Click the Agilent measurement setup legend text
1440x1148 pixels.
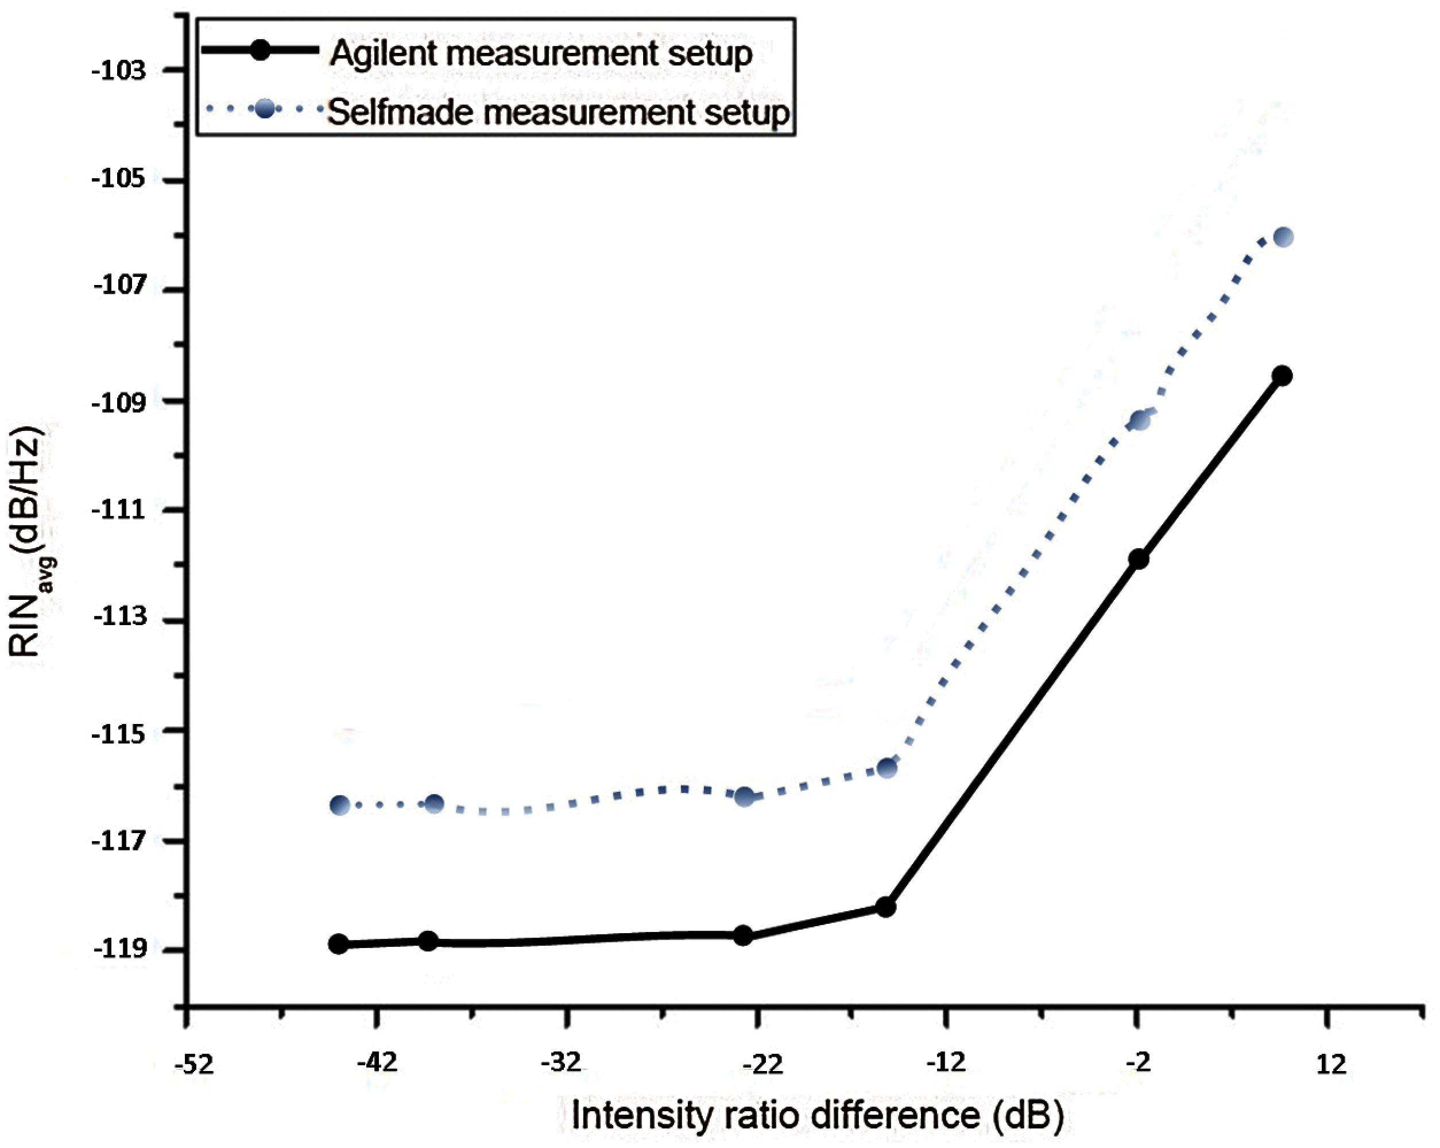pos(541,53)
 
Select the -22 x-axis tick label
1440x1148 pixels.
pos(762,1064)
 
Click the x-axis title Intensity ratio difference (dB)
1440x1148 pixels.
pos(818,1115)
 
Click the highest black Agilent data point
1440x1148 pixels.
pos(1282,376)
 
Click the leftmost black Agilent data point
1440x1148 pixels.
pos(339,943)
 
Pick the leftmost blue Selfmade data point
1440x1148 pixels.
pos(340,805)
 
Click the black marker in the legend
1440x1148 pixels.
pos(261,50)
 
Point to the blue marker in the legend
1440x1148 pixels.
pos(265,108)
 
